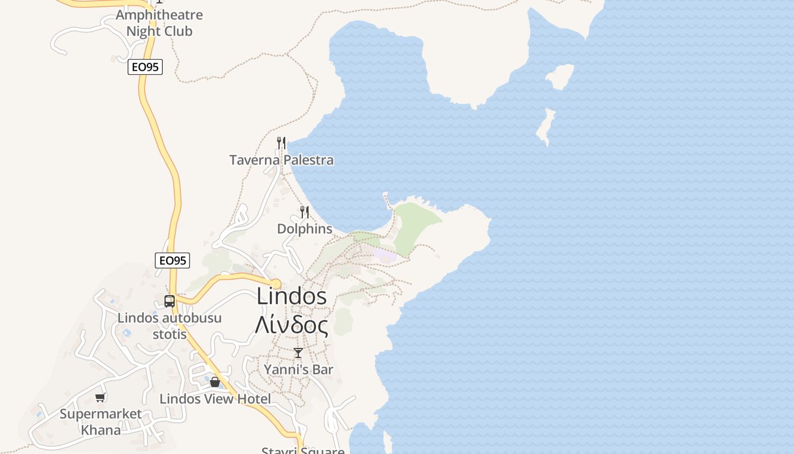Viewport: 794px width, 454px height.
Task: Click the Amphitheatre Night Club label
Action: [x=159, y=23]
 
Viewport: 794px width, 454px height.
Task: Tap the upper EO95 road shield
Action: [x=145, y=67]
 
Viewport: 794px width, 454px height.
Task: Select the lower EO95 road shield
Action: [x=172, y=260]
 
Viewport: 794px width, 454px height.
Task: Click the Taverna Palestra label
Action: [x=281, y=160]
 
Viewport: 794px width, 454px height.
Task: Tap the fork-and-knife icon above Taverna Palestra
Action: [x=281, y=142]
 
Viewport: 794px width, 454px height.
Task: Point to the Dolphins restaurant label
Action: [x=305, y=229]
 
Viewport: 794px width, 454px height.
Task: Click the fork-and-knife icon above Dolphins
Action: [x=305, y=212]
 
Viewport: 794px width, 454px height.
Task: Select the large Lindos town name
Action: [x=292, y=296]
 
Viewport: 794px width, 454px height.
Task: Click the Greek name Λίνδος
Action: [x=292, y=325]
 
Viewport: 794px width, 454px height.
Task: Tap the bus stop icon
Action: [x=169, y=301]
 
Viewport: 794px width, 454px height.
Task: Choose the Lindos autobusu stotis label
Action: [x=170, y=326]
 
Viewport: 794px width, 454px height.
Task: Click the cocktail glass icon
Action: [x=298, y=353]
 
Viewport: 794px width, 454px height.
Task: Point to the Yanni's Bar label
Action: [x=298, y=369]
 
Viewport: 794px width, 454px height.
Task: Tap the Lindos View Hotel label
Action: [x=215, y=399]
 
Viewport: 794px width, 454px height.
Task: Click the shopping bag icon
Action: [x=215, y=382]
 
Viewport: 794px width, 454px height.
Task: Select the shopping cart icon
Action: [x=100, y=397]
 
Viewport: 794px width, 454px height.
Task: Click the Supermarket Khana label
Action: [x=101, y=422]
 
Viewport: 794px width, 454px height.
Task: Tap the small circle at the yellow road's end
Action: [x=276, y=284]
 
